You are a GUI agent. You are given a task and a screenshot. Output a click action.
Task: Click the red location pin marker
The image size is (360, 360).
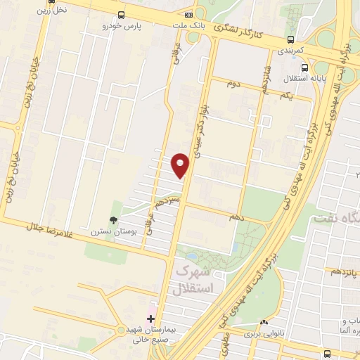(181, 165)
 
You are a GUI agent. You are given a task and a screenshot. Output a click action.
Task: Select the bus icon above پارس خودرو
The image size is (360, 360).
(122, 15)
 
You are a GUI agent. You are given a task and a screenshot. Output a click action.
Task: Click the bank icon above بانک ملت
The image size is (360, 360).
(188, 15)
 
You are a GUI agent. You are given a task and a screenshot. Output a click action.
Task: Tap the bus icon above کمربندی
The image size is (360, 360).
(290, 40)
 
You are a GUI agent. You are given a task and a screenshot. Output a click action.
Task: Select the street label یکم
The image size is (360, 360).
(285, 95)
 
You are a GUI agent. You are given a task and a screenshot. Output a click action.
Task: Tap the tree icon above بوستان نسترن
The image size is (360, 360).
(113, 219)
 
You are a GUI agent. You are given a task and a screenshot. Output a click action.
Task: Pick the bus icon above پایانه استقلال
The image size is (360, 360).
(303, 68)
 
